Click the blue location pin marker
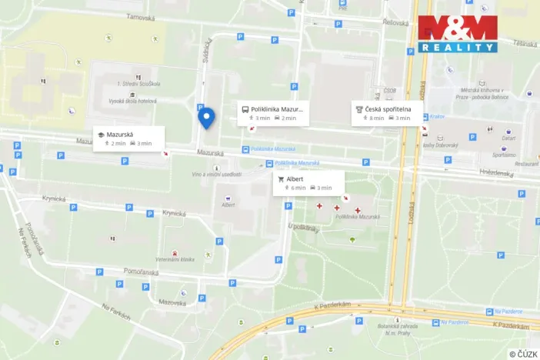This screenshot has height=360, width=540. (206, 117)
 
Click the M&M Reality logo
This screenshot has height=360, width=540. (458, 34)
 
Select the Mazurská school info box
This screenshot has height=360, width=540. (123, 138)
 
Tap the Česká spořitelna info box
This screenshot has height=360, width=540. (387, 113)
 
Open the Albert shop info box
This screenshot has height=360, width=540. (308, 183)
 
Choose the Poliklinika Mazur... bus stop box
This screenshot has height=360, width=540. (274, 113)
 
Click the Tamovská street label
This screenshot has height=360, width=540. (141, 17)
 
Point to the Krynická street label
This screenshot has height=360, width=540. (55, 198)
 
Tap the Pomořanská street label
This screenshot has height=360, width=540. (140, 272)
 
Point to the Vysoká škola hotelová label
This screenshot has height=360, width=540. (132, 101)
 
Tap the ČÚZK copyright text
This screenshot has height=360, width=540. (523, 354)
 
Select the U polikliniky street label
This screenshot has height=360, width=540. (302, 228)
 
